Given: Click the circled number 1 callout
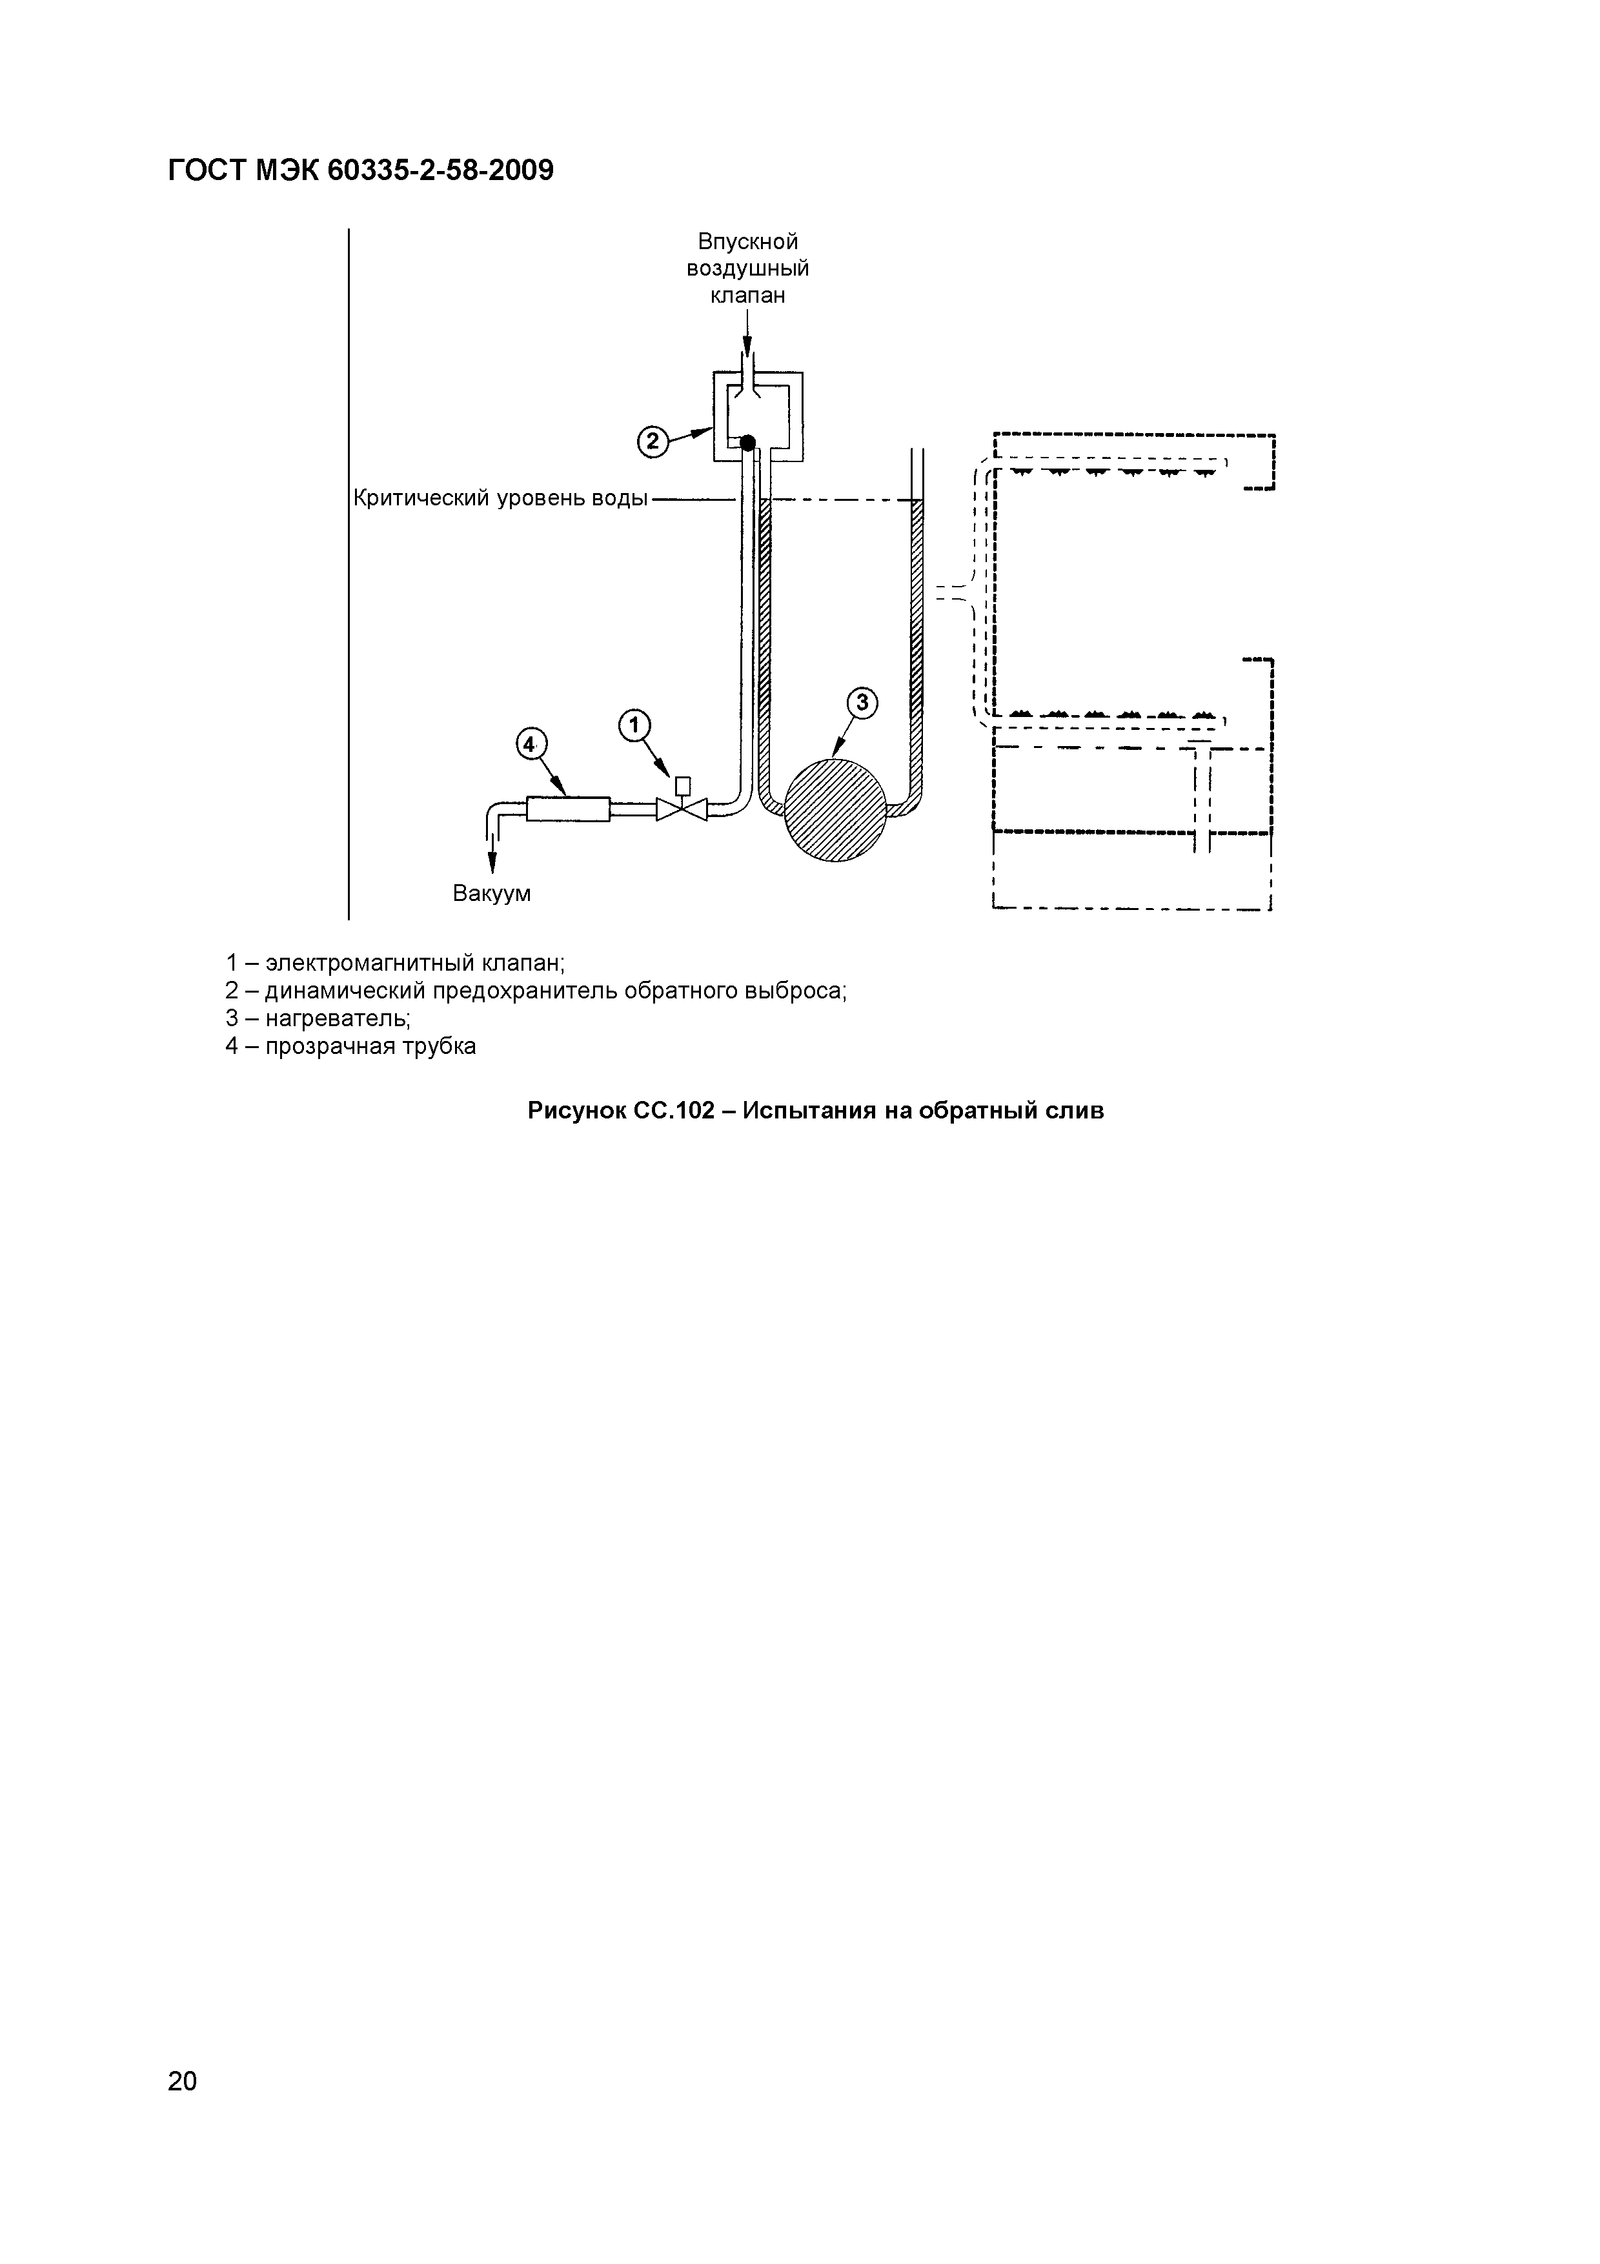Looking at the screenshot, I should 634,726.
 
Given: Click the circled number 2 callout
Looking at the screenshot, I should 652,443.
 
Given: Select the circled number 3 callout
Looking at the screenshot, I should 862,702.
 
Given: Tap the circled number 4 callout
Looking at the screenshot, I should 531,745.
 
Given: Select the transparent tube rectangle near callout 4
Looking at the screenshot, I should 569,809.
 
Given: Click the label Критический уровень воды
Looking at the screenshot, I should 500,499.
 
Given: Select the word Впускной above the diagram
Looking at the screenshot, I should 747,241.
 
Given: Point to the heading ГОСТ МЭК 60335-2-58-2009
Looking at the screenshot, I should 361,172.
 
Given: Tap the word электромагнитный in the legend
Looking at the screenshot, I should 370,962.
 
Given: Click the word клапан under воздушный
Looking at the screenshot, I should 747,295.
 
